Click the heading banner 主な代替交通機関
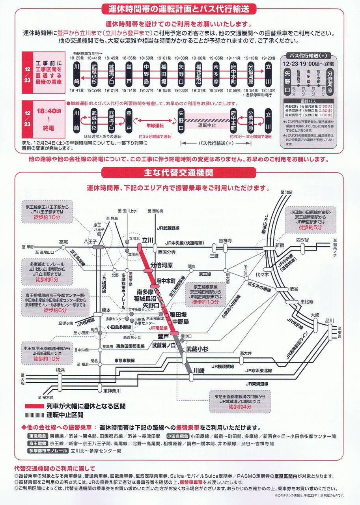tap(179, 172)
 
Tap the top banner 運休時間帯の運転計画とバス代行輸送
tap(179, 8)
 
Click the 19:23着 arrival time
tap(269, 58)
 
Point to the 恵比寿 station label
tap(306, 302)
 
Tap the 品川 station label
tap(330, 320)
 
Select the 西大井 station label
tap(245, 353)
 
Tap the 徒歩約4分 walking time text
tap(239, 407)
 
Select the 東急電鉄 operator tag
tap(38, 436)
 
